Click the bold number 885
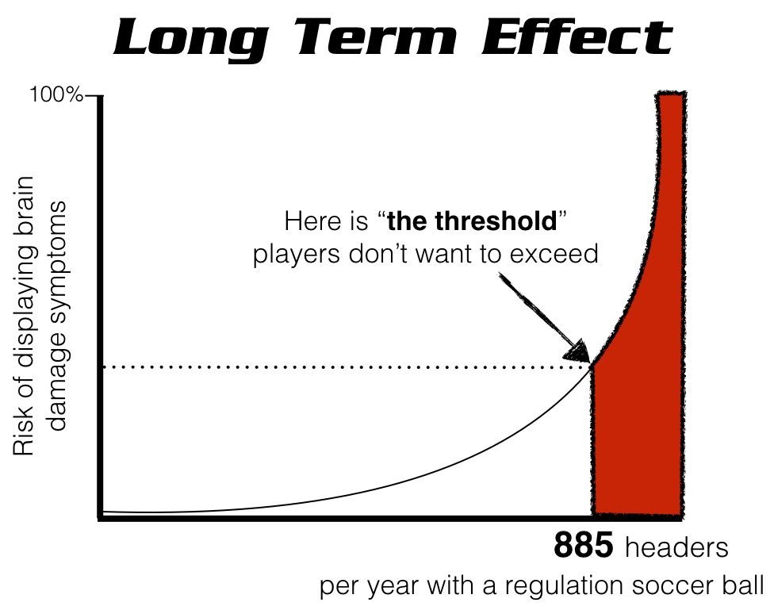point(583,547)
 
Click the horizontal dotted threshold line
point(341,367)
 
